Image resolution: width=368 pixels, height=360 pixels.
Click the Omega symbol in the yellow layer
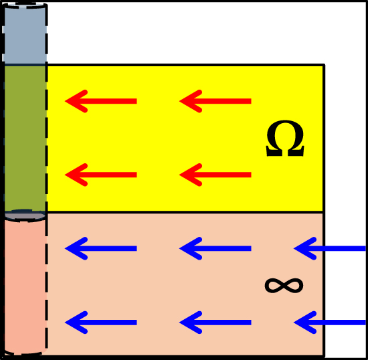pyautogui.click(x=285, y=138)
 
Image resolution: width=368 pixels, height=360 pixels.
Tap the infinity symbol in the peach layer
pyautogui.click(x=284, y=286)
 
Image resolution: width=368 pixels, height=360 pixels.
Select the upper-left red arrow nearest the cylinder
pyautogui.click(x=100, y=101)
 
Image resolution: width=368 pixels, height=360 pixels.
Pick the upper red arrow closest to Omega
pyautogui.click(x=215, y=101)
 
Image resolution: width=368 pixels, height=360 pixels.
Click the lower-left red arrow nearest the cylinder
pyautogui.click(x=100, y=175)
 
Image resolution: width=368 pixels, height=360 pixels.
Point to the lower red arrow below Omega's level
pyautogui.click(x=215, y=175)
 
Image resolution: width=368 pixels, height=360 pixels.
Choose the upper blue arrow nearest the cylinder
pyautogui.click(x=100, y=248)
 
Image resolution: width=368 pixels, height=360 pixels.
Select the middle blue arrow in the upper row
pyautogui.click(x=215, y=248)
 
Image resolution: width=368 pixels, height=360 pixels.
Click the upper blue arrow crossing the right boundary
pyautogui.click(x=330, y=248)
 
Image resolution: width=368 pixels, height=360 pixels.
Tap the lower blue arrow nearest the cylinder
pyautogui.click(x=100, y=323)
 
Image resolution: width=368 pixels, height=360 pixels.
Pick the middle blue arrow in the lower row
pyautogui.click(x=215, y=323)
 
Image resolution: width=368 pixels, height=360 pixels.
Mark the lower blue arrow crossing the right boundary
pyautogui.click(x=330, y=323)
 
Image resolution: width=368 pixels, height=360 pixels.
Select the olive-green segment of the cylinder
pyautogui.click(x=25, y=138)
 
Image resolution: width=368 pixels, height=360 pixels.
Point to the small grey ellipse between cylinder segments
pyautogui.click(x=25, y=215)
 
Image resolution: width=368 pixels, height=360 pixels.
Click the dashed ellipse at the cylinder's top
pyautogui.click(x=25, y=5)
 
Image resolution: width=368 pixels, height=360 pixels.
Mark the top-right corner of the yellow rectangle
pyautogui.click(x=324, y=65)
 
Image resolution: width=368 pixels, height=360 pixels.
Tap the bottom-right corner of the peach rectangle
pyautogui.click(x=324, y=356)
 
